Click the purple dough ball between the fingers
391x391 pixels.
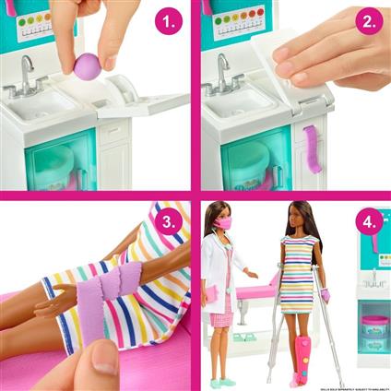(87, 66)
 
